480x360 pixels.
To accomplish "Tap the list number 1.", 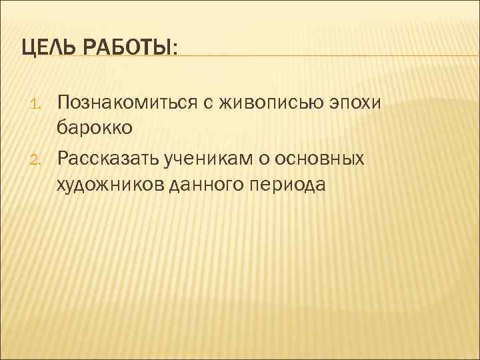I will pos(38,103).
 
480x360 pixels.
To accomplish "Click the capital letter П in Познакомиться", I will pos(64,102).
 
